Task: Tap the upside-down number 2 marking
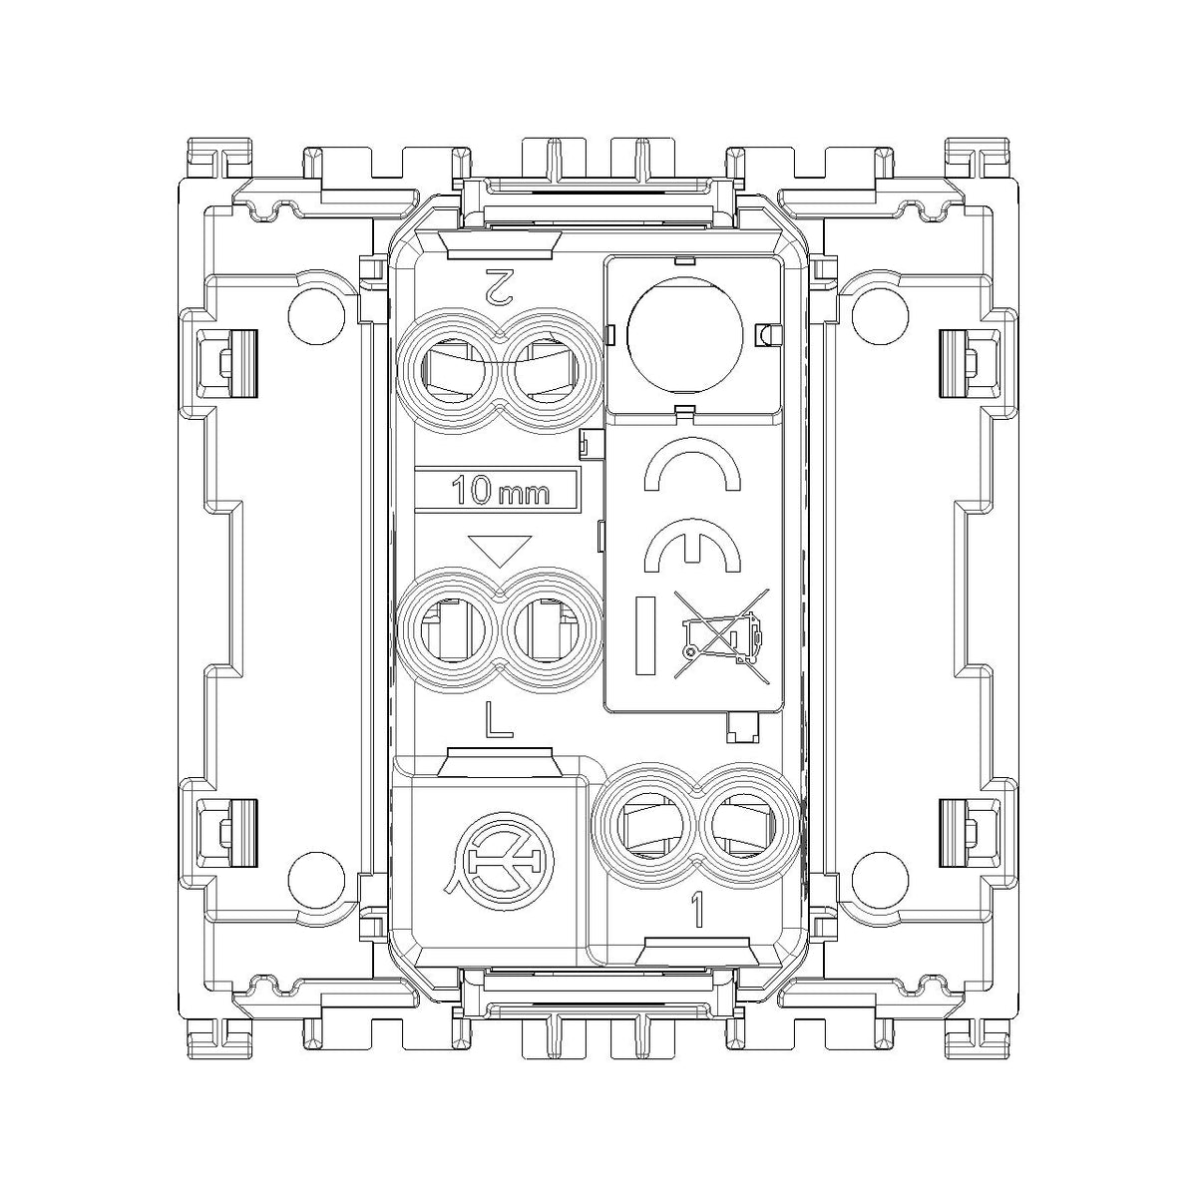[500, 287]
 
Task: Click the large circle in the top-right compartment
[685, 336]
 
